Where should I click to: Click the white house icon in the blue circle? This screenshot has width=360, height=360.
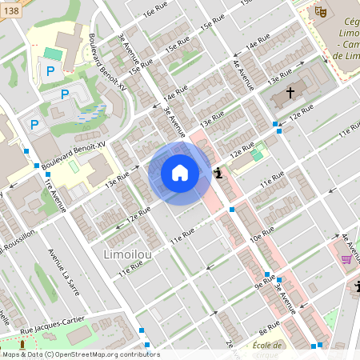180,173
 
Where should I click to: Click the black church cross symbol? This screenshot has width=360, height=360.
289,94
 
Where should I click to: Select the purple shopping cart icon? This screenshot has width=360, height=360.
346,259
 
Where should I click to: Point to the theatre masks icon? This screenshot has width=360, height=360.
320,11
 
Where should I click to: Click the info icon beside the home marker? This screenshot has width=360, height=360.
218,172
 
